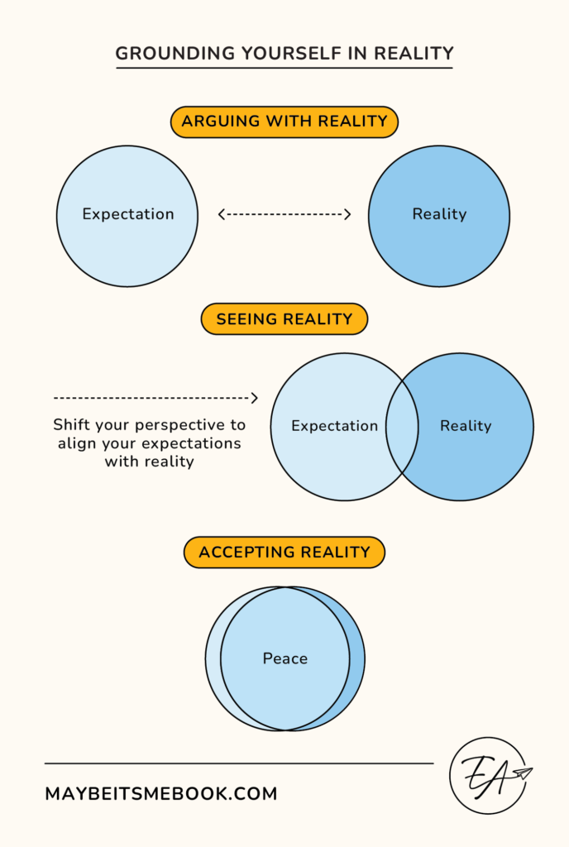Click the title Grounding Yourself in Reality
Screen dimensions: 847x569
tap(284, 54)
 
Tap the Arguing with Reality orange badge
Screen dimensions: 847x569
tap(284, 122)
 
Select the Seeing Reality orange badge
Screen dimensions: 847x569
tap(284, 319)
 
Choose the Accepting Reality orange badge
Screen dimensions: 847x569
tap(284, 552)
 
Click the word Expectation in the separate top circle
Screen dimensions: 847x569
tap(128, 214)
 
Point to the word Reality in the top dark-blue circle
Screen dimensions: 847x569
tap(439, 214)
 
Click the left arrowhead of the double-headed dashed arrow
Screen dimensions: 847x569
tap(222, 214)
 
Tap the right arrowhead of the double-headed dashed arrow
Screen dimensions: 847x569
tap(347, 214)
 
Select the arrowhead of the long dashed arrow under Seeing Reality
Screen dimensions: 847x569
tap(255, 398)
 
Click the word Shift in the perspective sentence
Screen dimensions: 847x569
tap(71, 425)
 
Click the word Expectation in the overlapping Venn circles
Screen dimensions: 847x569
tap(334, 426)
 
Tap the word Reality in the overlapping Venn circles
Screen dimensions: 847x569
tap(466, 426)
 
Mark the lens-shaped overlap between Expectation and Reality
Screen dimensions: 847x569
tap(401, 427)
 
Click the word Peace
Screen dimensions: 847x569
tap(285, 658)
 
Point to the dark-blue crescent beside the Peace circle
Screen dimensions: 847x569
tap(356, 659)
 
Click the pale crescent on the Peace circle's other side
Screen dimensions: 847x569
tap(213, 659)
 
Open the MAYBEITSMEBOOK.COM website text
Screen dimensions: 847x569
tap(161, 794)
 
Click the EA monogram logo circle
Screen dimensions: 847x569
tap(488, 775)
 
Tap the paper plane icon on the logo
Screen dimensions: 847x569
tap(522, 773)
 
